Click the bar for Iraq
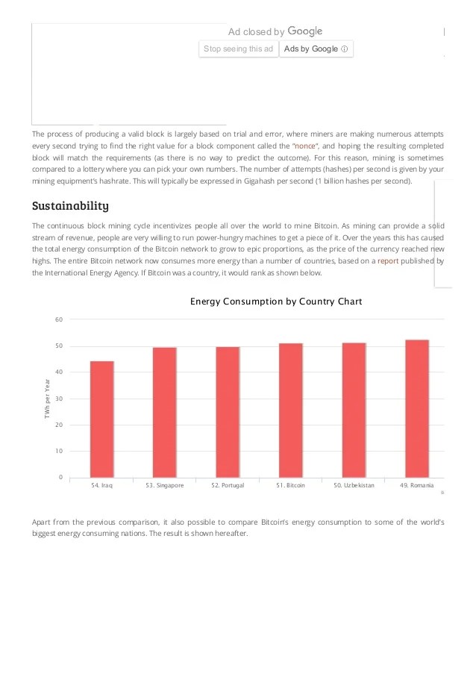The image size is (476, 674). click(x=102, y=419)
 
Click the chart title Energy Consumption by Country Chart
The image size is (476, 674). click(x=276, y=302)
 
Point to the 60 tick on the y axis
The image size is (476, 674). click(x=59, y=319)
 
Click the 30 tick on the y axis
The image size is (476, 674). click(x=59, y=399)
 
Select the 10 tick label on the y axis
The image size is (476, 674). click(x=59, y=451)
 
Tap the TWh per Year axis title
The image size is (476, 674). click(x=46, y=403)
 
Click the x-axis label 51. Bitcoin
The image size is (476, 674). click(x=290, y=485)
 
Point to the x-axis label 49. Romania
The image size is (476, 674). click(x=417, y=485)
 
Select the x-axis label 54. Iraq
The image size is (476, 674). click(x=101, y=485)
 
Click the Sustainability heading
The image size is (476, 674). click(x=71, y=205)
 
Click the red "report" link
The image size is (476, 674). click(x=388, y=261)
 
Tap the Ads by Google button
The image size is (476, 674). click(x=316, y=49)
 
